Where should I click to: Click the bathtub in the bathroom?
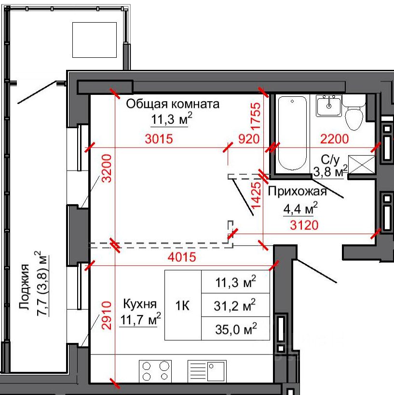[292, 133]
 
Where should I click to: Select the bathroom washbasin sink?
[329, 106]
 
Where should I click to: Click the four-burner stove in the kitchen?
[155, 371]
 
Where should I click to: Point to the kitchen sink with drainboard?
[207, 371]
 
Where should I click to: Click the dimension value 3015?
[159, 139]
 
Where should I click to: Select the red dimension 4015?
[182, 257]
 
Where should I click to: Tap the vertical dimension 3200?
[107, 168]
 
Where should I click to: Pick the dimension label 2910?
[107, 315]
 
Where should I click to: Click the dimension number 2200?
[335, 139]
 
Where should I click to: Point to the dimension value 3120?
[304, 225]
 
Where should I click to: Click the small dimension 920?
[249, 139]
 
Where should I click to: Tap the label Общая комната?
[173, 104]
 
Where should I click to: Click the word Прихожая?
[298, 191]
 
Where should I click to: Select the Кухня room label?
[140, 304]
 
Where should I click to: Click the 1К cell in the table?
[183, 305]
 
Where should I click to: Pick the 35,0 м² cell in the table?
[236, 329]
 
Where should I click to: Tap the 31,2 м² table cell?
[236, 305]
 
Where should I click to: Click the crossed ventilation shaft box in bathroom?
[361, 164]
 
